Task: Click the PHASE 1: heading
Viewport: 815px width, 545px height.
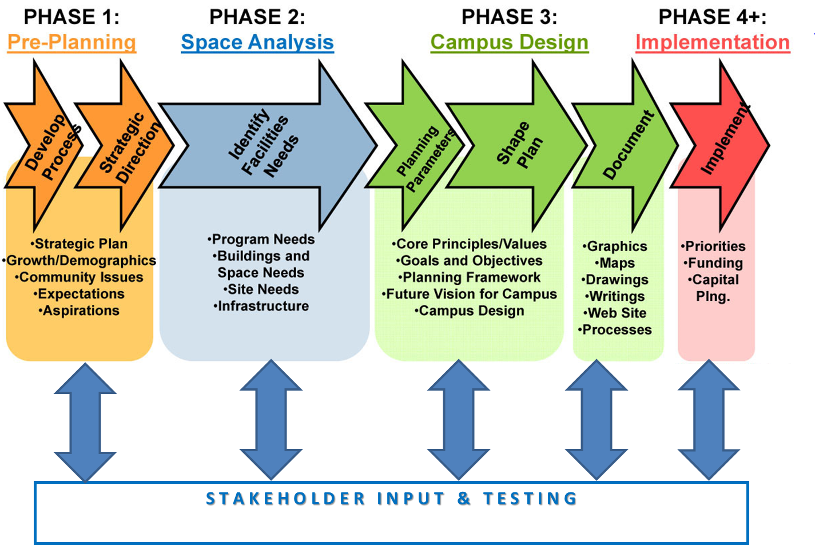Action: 71,17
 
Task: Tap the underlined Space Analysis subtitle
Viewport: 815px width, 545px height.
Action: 257,42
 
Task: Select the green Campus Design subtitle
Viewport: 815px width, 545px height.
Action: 510,42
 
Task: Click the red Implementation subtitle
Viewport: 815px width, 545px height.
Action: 713,42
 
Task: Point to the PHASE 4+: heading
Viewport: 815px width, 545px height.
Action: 713,17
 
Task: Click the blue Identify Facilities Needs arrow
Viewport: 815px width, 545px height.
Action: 268,145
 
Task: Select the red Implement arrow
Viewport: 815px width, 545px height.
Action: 721,145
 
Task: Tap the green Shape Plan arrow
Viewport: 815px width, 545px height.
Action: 516,145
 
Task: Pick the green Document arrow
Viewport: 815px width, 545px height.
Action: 626,145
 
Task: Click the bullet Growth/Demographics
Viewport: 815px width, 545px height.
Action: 79,261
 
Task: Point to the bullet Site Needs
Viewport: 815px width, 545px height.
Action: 261,289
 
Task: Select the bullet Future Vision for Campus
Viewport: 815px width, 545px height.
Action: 470,294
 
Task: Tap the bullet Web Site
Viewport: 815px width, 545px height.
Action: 615,313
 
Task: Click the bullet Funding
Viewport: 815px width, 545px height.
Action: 713,262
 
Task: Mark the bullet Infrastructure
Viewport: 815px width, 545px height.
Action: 261,306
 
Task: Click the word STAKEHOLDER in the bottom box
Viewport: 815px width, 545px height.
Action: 285,499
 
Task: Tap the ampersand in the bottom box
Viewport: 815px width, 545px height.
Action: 464,499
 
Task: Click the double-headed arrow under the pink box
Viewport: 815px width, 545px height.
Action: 709,420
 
